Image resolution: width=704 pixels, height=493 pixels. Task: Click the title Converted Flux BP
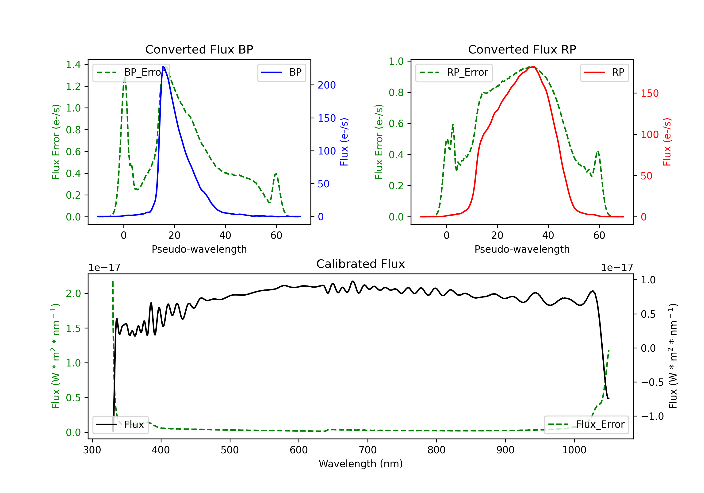[199, 49]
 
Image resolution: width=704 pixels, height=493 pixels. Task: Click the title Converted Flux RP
[522, 49]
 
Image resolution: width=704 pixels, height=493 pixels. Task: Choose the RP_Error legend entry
[454, 72]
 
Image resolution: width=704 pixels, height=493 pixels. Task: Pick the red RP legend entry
[604, 72]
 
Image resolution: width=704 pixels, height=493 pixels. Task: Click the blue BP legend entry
[281, 72]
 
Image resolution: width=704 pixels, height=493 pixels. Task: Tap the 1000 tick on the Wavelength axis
[574, 450]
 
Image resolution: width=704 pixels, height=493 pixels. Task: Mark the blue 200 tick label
[327, 85]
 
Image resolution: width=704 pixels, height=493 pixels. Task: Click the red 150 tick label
[649, 93]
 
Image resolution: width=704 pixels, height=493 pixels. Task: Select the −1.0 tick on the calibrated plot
[652, 416]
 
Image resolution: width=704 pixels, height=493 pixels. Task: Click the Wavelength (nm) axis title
[361, 464]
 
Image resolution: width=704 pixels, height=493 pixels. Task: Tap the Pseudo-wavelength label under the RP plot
[522, 249]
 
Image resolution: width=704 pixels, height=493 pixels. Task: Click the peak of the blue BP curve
[163, 67]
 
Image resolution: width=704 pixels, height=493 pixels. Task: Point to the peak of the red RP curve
[533, 67]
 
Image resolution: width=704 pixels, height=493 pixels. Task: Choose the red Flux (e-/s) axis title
[667, 142]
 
